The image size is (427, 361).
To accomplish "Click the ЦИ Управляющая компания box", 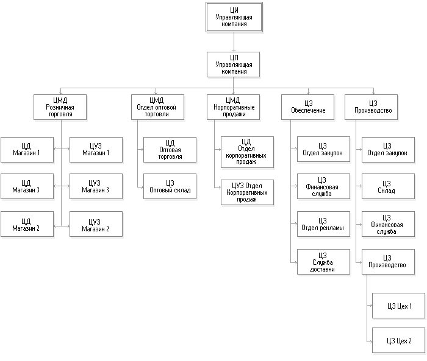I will (234, 18).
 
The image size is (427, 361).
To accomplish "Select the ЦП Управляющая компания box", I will (234, 63).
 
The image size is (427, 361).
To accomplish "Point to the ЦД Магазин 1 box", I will (26, 149).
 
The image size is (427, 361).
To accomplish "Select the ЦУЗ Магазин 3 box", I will (96, 186).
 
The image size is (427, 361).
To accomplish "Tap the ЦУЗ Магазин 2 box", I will (96, 224).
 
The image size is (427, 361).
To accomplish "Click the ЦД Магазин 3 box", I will (26, 186).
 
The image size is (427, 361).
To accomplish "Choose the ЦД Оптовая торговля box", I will (170, 150).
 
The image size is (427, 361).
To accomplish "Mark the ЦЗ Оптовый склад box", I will (170, 186).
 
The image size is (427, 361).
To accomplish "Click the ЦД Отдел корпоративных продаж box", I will (247, 151).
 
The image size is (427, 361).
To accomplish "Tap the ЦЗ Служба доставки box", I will (323, 262).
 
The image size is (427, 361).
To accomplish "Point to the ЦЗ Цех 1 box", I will (399, 305).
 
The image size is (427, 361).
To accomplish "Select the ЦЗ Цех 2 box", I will (399, 340).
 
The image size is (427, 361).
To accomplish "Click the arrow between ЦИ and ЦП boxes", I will (234, 41).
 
